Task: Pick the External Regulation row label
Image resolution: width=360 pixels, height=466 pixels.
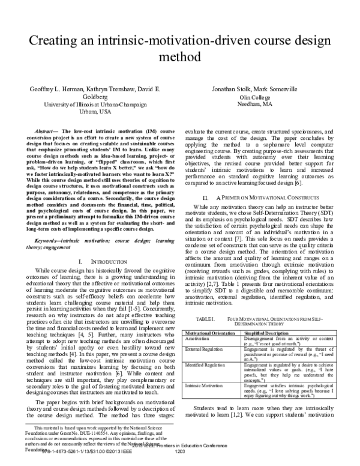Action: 206,348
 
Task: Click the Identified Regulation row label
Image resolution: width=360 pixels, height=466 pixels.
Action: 208,365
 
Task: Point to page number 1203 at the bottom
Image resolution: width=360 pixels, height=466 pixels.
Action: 179,461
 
